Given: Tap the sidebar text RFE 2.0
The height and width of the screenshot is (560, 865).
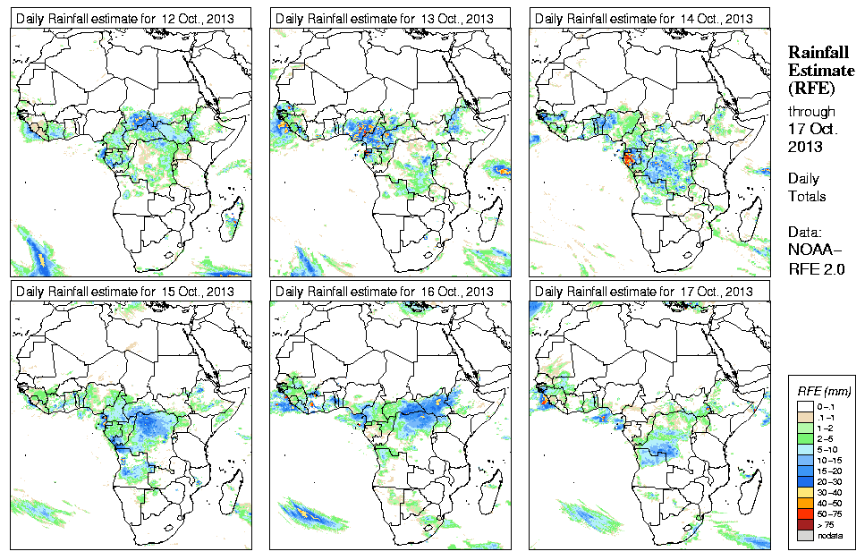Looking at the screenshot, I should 817,266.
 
